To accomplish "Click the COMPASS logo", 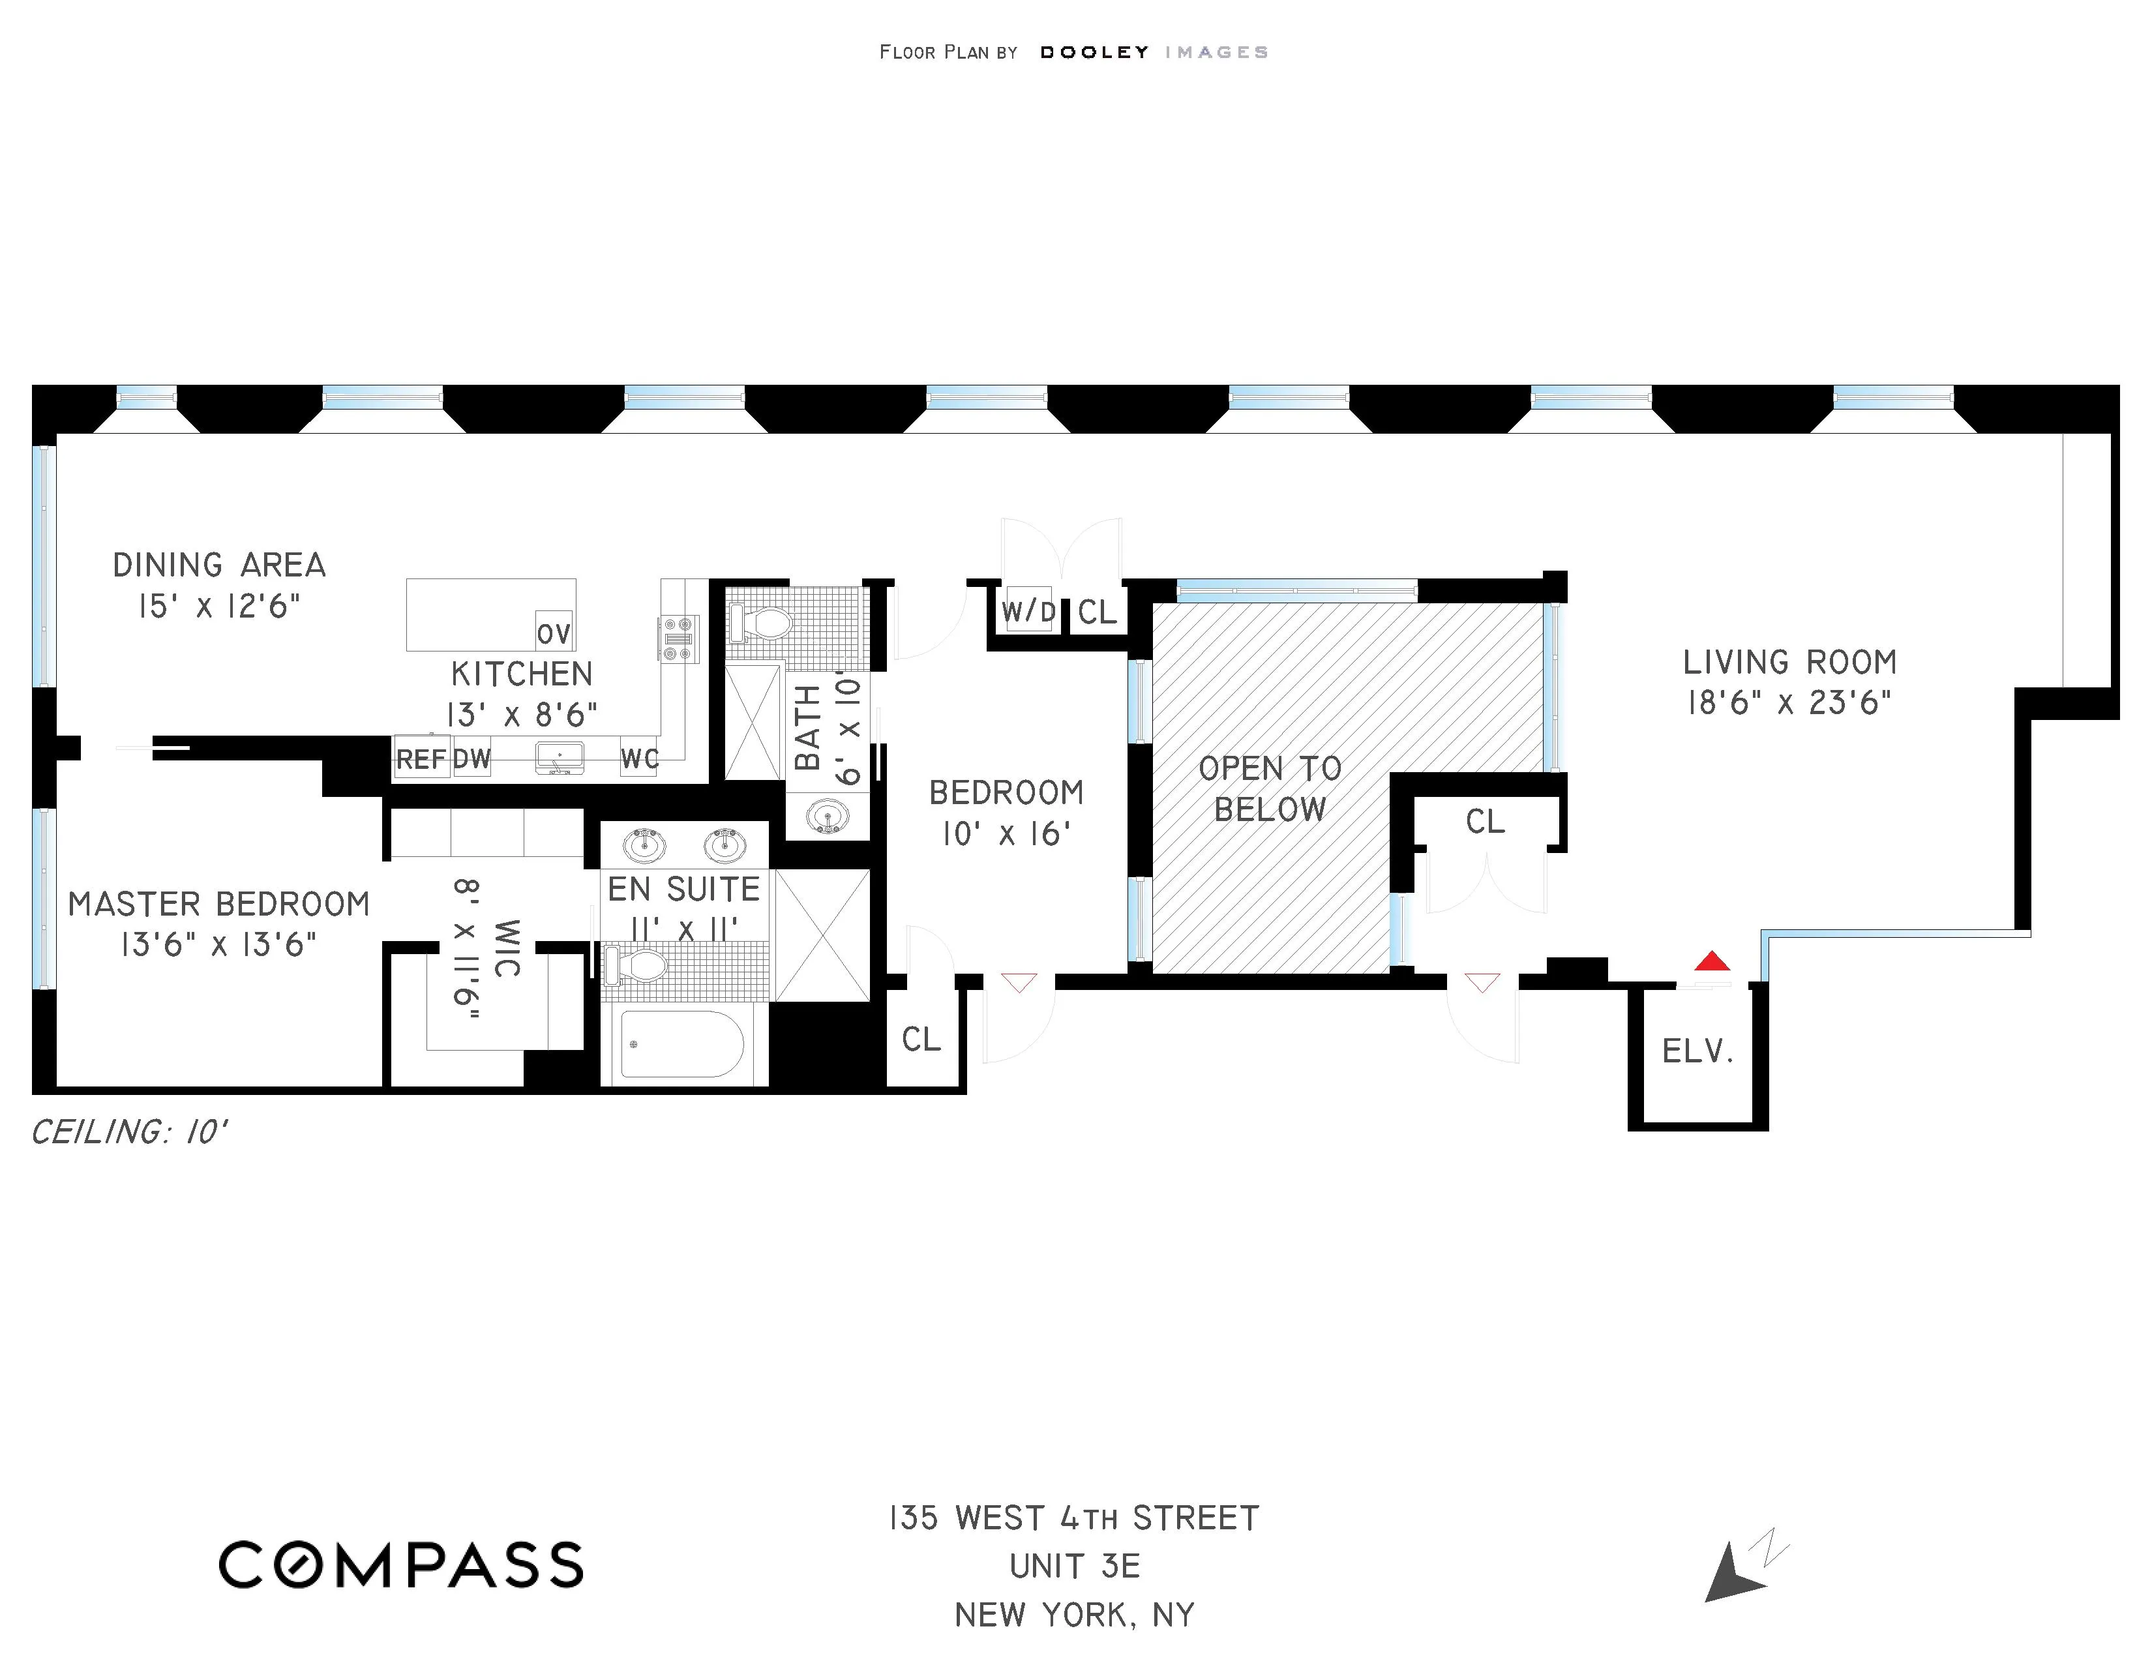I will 400,1565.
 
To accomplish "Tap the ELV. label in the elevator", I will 1697,1052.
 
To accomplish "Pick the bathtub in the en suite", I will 682,1043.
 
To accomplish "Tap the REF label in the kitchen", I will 421,758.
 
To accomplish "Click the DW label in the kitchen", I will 472,758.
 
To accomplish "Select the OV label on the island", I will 554,633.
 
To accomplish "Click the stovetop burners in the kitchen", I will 678,638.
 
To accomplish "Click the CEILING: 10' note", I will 129,1132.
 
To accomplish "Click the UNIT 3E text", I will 1074,1566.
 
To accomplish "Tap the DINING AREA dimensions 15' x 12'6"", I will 218,606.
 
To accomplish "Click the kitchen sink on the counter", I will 560,758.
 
